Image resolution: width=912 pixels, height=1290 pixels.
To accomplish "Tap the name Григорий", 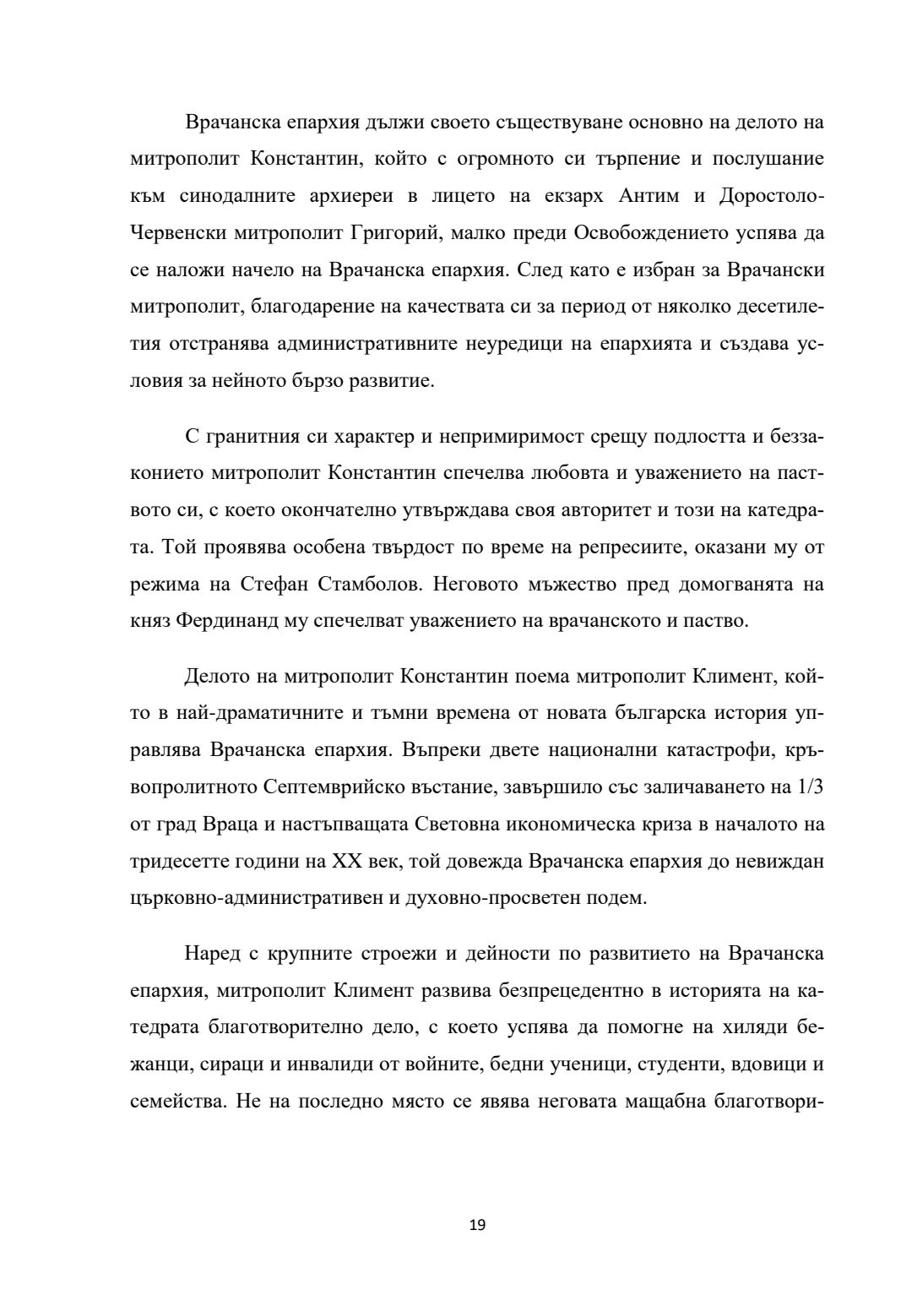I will pos(389,233).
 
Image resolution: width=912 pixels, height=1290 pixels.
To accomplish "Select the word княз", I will pos(149,622).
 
